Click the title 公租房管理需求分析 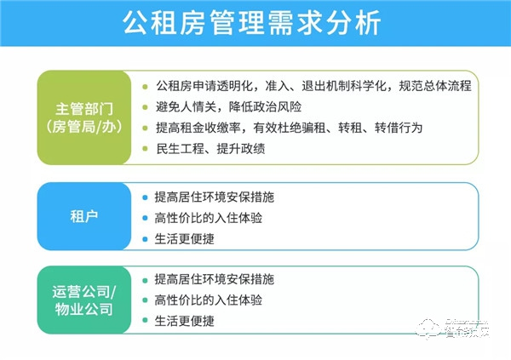tap(255, 22)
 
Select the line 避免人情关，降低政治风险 tap(228, 107)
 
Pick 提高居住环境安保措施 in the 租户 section tap(215, 197)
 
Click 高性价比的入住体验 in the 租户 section tap(209, 218)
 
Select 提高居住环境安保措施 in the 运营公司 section tap(215, 279)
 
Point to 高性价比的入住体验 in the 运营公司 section tap(209, 300)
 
